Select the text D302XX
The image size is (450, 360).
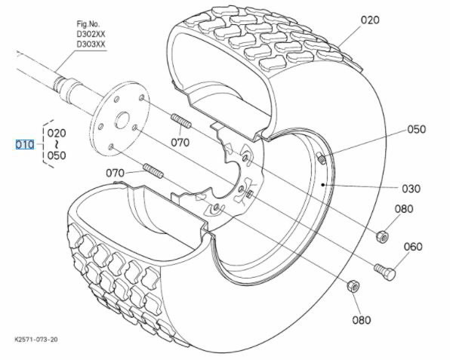click(x=91, y=35)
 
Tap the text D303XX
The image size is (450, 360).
click(x=91, y=45)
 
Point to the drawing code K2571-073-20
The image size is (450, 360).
click(x=36, y=340)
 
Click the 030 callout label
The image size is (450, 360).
click(x=411, y=187)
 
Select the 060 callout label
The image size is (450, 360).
click(x=413, y=247)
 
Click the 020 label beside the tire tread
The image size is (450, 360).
click(x=370, y=20)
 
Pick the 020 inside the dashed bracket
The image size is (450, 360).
click(x=57, y=133)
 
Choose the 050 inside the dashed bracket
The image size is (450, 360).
click(x=57, y=155)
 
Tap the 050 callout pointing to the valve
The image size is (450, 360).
click(x=417, y=129)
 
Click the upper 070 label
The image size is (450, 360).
click(x=179, y=141)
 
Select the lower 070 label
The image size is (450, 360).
click(x=115, y=173)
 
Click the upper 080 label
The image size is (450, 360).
click(x=404, y=209)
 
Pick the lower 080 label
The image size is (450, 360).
click(x=361, y=319)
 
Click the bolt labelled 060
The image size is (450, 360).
click(x=384, y=269)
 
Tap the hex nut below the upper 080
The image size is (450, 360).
click(x=382, y=237)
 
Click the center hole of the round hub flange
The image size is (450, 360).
click(x=121, y=121)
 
